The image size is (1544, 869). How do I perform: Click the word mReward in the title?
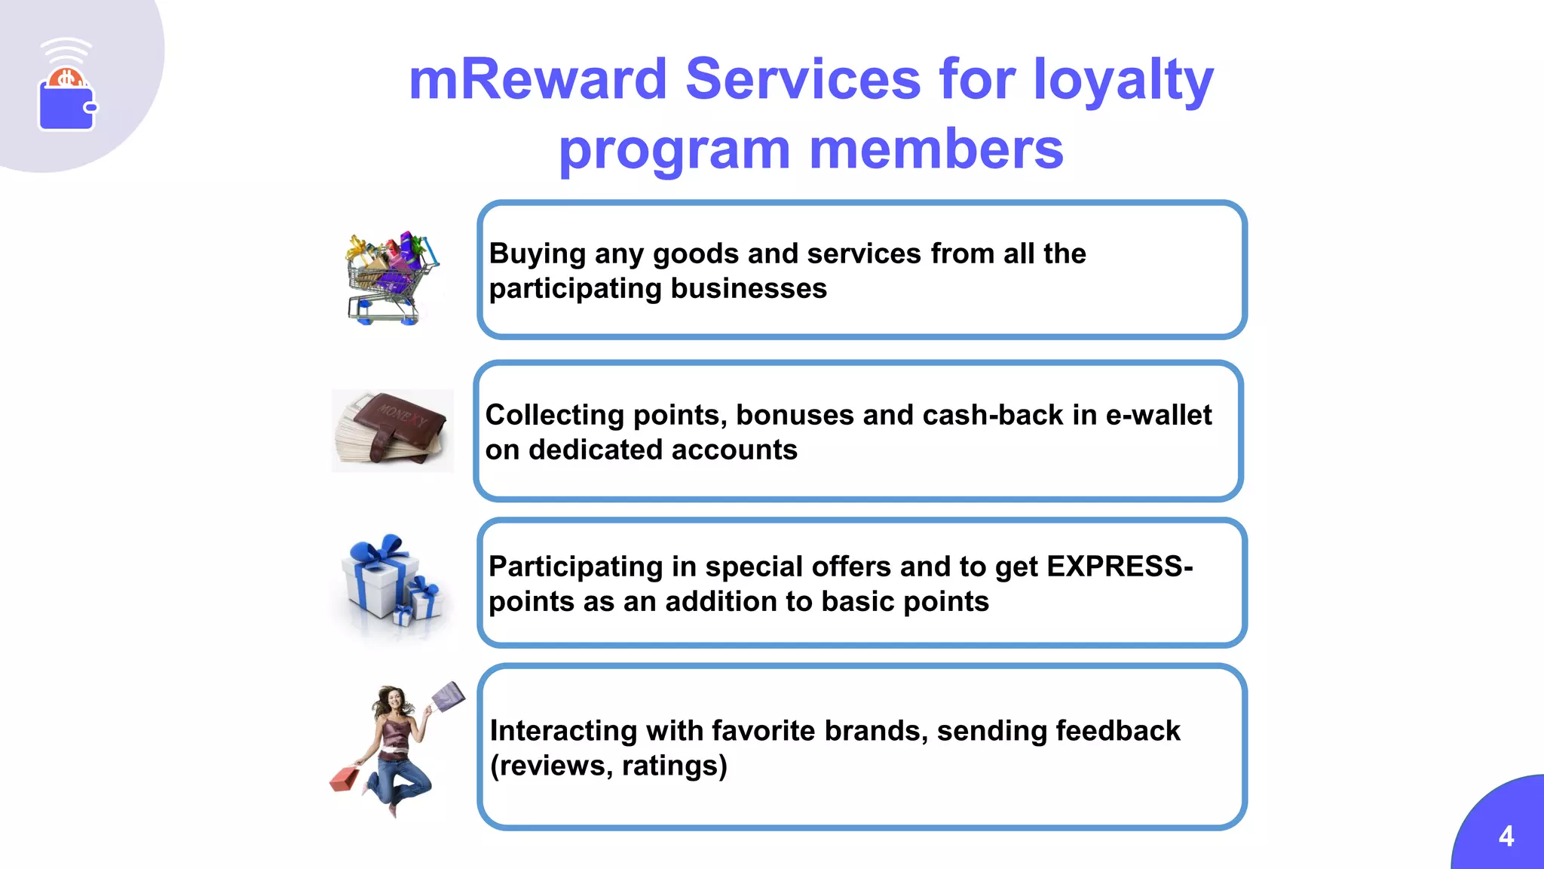(x=538, y=79)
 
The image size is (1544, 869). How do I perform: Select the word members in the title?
(x=936, y=149)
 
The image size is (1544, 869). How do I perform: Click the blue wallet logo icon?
(x=67, y=106)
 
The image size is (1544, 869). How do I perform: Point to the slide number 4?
(x=1506, y=836)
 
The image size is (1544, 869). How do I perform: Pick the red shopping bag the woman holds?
(x=345, y=778)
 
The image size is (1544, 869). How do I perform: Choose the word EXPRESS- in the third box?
(x=1119, y=567)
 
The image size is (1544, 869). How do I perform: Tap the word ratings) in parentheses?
(x=674, y=766)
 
